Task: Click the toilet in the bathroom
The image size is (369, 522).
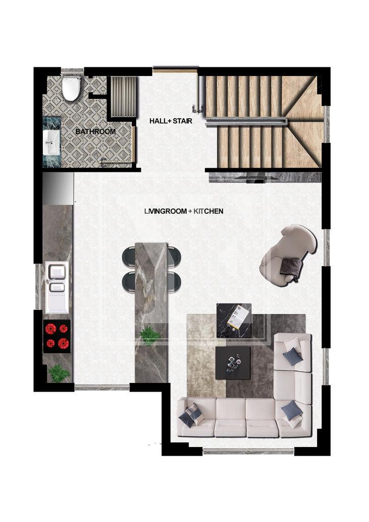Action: coord(71,88)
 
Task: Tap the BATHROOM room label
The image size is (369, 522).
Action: coord(95,132)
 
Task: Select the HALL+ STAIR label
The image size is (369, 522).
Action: coord(171,121)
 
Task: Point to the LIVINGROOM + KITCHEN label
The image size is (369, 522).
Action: coord(183,211)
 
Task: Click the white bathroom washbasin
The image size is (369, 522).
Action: coord(51,143)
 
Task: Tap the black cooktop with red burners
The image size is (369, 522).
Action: coord(57,336)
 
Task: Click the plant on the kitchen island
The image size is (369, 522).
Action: coord(150,335)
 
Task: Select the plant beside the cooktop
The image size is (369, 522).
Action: coord(59,373)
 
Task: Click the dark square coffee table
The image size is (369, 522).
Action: coord(233,363)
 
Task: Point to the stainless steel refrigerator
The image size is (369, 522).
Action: coord(58,189)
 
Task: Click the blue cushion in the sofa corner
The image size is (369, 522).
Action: coord(292,410)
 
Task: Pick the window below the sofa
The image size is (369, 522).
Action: coord(248,451)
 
